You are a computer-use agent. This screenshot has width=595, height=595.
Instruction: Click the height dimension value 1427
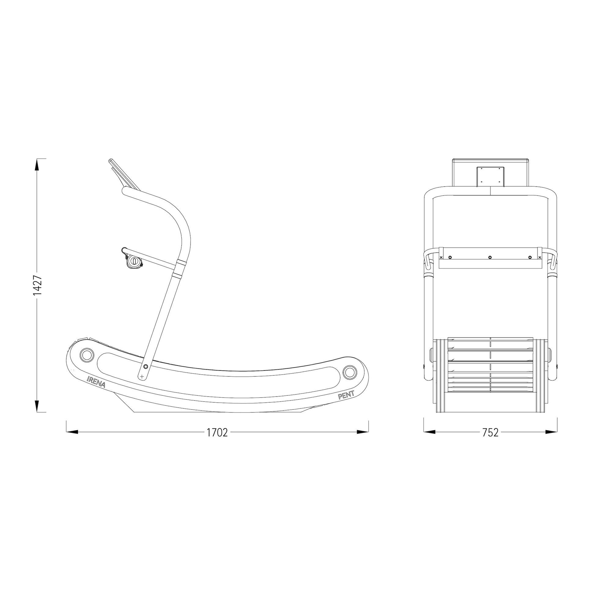(x=38, y=285)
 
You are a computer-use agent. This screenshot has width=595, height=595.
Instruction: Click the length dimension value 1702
(x=217, y=433)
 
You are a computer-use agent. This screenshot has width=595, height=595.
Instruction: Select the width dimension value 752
(x=490, y=433)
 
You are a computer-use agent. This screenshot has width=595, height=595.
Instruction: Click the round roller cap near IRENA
(x=86, y=354)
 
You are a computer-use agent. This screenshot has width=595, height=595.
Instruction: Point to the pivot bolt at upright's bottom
(x=145, y=367)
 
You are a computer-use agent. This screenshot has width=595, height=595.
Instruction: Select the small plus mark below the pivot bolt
(x=142, y=376)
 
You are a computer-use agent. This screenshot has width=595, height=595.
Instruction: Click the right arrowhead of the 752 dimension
(x=551, y=432)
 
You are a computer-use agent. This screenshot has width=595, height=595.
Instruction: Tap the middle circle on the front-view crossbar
(x=490, y=257)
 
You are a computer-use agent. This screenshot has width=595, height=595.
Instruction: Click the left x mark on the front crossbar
(x=441, y=257)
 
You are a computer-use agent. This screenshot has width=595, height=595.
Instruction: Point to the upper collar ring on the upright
(x=181, y=262)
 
